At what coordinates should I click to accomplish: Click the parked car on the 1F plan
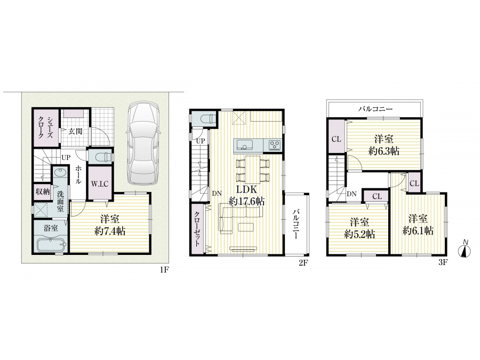[143, 143]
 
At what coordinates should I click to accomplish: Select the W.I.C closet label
[100, 184]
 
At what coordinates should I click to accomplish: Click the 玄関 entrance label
[75, 131]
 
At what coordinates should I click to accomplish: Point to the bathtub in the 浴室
[51, 245]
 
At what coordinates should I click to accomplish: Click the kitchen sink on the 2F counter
[244, 145]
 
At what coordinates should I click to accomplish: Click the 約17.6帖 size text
[247, 201]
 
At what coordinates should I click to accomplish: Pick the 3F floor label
[443, 262]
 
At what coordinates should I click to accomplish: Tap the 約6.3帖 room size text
[383, 151]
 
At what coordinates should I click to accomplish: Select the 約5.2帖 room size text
[359, 234]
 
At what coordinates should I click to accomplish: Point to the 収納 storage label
[43, 191]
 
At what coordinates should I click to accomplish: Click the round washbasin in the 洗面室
[59, 172]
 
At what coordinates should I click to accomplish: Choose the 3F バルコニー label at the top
[375, 109]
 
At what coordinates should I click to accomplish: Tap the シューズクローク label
[46, 127]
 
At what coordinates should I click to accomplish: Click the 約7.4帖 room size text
[110, 231]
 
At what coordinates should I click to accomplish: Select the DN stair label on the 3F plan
[352, 194]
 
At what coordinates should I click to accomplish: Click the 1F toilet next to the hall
[101, 157]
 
